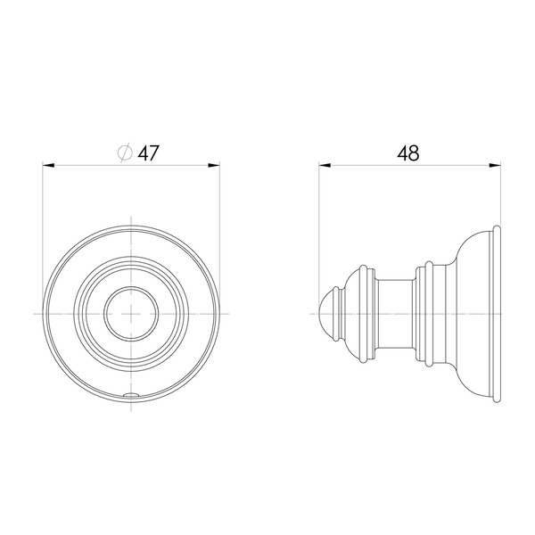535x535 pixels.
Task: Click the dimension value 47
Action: coord(148,153)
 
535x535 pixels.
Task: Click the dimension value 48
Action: coord(408,153)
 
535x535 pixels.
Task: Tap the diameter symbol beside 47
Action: coord(125,152)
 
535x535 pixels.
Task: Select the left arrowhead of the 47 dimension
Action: coord(48,166)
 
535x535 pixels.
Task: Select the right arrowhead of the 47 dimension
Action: coord(214,166)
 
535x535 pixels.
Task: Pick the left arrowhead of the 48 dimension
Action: coord(325,166)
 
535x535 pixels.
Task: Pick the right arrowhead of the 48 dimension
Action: coord(495,166)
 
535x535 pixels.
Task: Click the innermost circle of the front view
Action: coord(131,287)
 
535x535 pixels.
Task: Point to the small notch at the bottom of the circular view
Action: coord(131,395)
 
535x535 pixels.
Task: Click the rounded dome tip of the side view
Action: coord(326,314)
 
